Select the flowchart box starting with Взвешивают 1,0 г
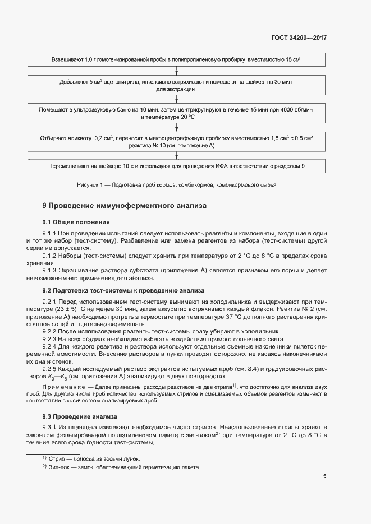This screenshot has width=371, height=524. [177, 59]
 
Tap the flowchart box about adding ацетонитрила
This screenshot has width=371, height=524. [177, 85]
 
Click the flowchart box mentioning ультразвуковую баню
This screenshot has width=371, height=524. [177, 113]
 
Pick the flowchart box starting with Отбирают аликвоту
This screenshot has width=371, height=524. [177, 141]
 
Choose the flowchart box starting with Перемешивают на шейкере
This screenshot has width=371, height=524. [177, 166]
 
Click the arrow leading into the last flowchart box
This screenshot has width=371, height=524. [177, 155]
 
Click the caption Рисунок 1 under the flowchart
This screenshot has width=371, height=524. [176, 184]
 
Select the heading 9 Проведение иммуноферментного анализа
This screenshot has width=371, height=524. [125, 206]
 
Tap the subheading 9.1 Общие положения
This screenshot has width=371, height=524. [76, 222]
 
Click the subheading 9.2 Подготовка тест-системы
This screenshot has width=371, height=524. [123, 290]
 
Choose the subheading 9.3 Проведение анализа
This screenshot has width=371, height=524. [80, 417]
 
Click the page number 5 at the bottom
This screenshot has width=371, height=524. [325, 477]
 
